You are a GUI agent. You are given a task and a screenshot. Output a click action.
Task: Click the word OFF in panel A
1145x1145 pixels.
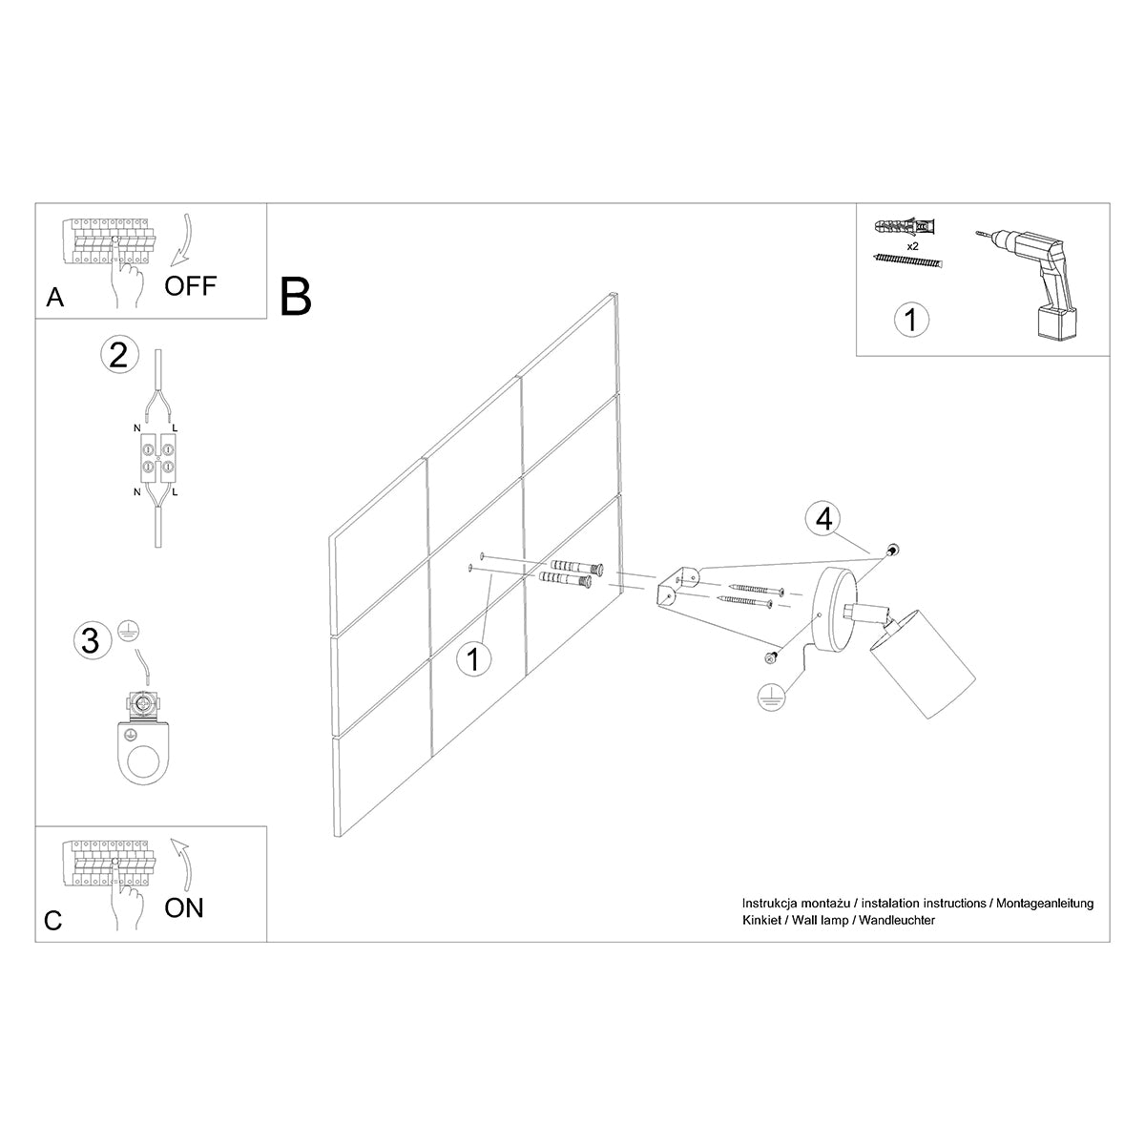coord(191,285)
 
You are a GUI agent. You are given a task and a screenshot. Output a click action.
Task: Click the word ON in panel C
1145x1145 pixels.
coord(184,907)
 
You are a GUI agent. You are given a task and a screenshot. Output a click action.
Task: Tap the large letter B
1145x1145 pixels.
coord(296,296)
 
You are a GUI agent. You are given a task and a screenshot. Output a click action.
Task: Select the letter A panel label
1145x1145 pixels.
coord(55,299)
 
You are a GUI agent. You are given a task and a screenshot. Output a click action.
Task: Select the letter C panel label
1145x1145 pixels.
coord(53,921)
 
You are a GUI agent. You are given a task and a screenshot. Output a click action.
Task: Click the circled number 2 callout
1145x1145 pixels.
coord(118,355)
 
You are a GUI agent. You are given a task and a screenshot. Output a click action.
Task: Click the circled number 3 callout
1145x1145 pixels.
coord(91,640)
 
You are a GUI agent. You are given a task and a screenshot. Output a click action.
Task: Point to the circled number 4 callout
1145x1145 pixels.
coord(823,519)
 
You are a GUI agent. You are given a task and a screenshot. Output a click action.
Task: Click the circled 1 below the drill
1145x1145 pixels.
coord(911,320)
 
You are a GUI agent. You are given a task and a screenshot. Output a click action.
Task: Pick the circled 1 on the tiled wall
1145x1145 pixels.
coord(473,659)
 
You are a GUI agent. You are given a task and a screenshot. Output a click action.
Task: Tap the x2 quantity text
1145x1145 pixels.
coord(912,246)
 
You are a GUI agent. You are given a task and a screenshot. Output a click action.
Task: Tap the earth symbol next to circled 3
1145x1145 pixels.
coord(125,629)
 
